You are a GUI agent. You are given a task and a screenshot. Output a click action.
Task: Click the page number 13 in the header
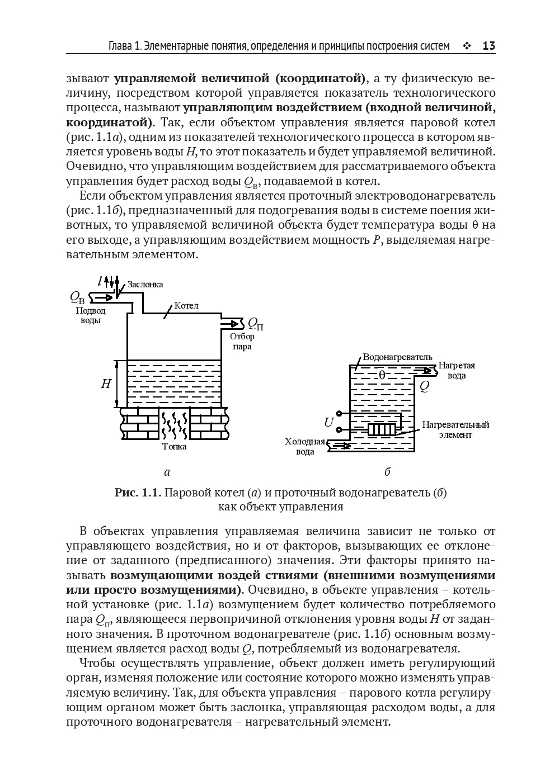(x=488, y=46)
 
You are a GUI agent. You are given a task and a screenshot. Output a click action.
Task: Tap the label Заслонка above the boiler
(x=145, y=284)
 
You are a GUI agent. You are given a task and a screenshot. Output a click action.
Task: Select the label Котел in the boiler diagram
(x=186, y=306)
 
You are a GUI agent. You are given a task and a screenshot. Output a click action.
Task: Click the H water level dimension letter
(x=106, y=384)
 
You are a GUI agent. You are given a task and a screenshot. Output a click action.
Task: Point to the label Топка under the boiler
(x=175, y=446)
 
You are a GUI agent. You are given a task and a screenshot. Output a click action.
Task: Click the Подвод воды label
(x=91, y=316)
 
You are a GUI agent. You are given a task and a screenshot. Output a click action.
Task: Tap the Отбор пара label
(x=242, y=341)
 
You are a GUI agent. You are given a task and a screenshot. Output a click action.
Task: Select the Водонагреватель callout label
(x=397, y=357)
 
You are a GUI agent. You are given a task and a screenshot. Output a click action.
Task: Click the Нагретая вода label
(x=457, y=370)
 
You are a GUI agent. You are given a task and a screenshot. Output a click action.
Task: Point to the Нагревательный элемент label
(x=455, y=429)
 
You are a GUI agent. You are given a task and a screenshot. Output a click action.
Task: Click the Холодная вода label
(x=305, y=446)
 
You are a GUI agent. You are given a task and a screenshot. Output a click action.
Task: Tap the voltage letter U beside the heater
(x=328, y=423)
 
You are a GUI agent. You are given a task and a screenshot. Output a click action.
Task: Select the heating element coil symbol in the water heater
(x=382, y=429)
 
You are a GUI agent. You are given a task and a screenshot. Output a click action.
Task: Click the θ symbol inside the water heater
(x=382, y=376)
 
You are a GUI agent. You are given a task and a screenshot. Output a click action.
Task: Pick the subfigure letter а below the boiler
(x=167, y=472)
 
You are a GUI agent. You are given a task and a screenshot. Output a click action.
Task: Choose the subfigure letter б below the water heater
(x=387, y=472)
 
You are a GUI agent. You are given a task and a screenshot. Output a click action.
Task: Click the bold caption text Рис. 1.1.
(x=138, y=493)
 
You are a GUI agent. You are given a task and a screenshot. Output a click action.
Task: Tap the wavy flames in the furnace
(x=175, y=425)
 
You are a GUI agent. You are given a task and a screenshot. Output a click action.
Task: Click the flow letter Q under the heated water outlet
(x=425, y=386)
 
